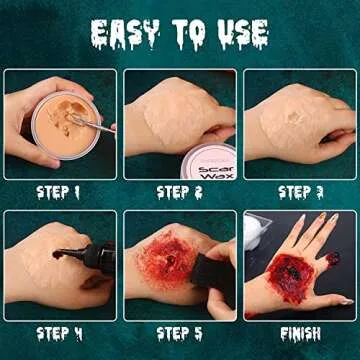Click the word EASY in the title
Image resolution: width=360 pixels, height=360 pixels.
pyautogui.click(x=123, y=33)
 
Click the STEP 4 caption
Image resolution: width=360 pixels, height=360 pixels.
pyautogui.click(x=60, y=332)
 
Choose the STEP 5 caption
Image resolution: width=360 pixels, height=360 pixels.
pyautogui.click(x=180, y=332)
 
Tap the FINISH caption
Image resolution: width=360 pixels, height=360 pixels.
pyautogui.click(x=301, y=332)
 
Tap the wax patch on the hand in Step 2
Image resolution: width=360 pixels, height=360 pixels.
pyautogui.click(x=173, y=112)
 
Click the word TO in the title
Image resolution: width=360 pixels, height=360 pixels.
pyautogui.click(x=186, y=33)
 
